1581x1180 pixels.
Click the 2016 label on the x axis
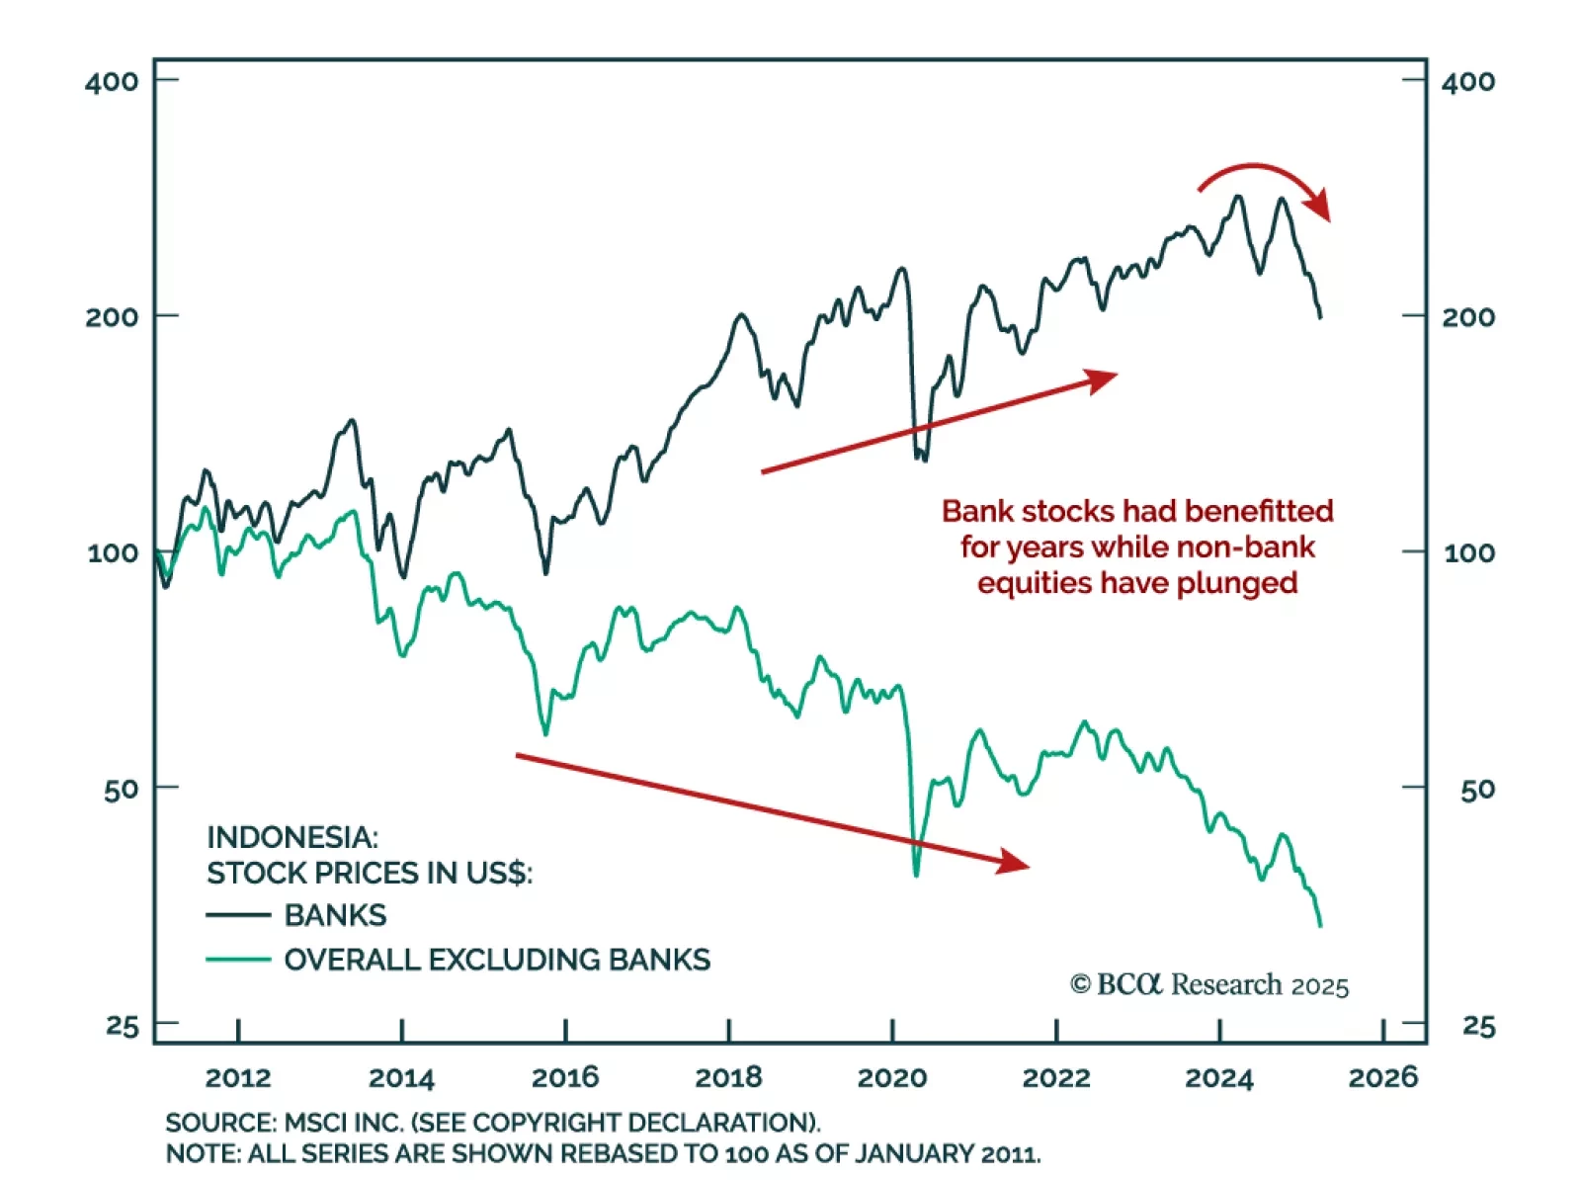[565, 1077]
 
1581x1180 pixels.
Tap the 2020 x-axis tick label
[891, 1077]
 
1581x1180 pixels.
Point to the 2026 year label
[1382, 1077]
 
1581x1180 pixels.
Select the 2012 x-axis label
[238, 1077]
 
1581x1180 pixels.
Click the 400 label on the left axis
[112, 81]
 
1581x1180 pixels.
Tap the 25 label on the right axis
[1478, 1027]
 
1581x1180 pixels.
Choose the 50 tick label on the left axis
[122, 790]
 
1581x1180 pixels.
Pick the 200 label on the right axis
[1467, 317]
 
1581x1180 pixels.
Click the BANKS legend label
[335, 915]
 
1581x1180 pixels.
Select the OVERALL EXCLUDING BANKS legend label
[497, 960]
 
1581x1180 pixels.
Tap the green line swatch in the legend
[238, 960]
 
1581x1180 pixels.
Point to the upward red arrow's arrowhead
[1102, 379]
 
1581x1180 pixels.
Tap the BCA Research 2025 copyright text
[1208, 985]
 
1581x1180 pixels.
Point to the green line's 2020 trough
[916, 874]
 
